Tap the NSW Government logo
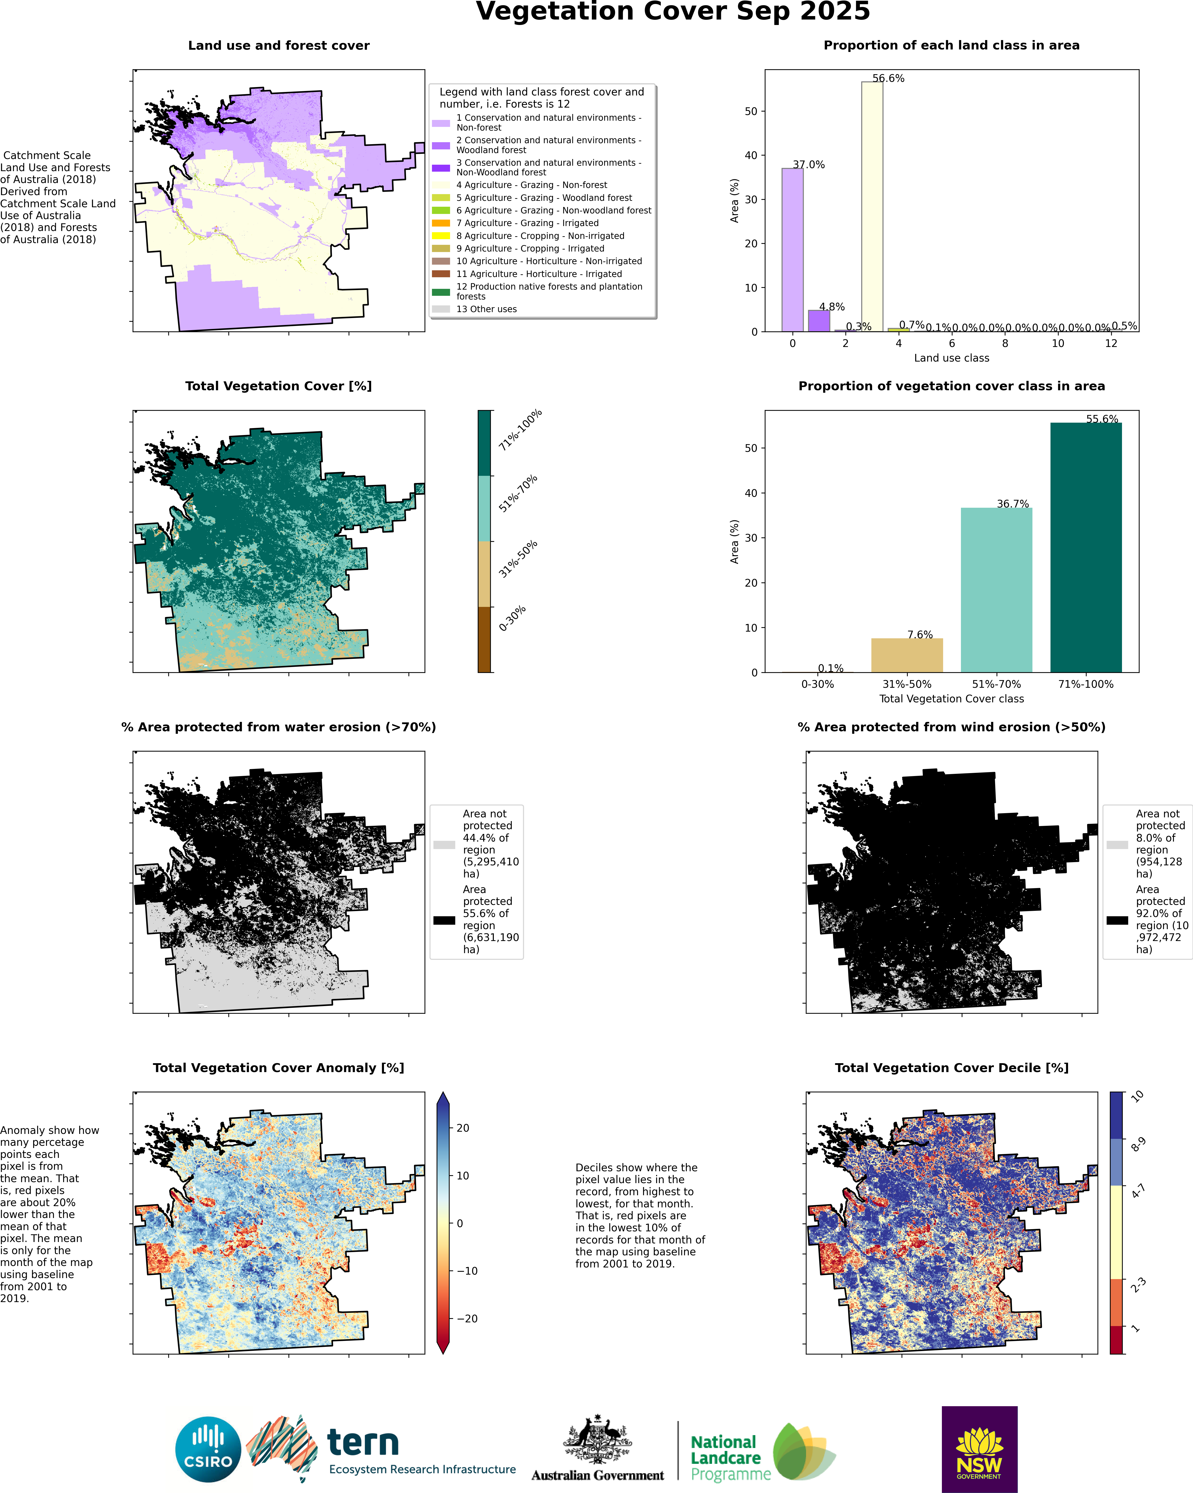tap(979, 1449)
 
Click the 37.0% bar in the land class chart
tap(792, 249)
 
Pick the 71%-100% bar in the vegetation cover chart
tap(1086, 547)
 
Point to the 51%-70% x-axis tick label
tap(996, 684)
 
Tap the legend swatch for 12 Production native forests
tap(441, 292)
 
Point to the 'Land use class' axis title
tap(951, 358)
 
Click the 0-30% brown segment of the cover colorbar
tap(484, 639)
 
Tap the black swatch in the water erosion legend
tap(444, 920)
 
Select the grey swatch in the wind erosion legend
tap(1117, 845)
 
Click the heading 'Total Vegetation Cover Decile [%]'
tap(951, 1068)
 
